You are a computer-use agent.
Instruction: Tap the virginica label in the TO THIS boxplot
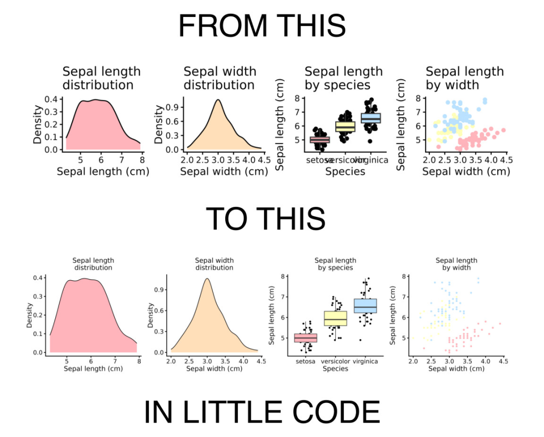point(365,362)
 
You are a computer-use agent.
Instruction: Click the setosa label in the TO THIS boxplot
point(305,362)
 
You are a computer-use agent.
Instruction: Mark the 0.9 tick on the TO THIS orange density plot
point(159,291)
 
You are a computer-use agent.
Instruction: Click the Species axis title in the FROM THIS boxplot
point(345,171)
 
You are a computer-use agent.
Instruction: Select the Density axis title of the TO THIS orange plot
point(151,315)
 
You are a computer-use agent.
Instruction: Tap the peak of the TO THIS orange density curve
point(207,279)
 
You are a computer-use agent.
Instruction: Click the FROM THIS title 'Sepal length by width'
point(464,78)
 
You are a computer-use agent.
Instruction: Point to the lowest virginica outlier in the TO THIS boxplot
point(361,340)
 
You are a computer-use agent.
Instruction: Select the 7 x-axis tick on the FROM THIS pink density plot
point(121,159)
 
